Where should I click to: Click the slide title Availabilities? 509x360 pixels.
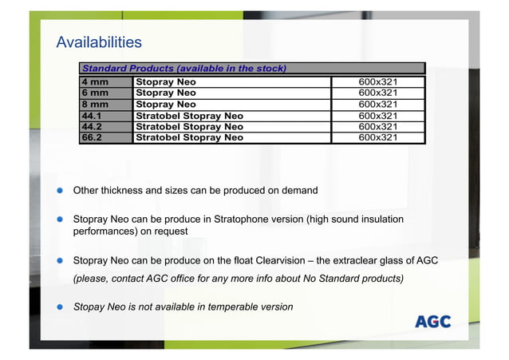click(x=98, y=42)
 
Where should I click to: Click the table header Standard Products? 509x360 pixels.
click(x=184, y=68)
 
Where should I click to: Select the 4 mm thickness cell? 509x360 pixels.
click(x=95, y=82)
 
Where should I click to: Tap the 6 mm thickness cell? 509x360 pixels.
click(x=95, y=93)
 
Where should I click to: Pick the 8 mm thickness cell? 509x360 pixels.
click(x=95, y=105)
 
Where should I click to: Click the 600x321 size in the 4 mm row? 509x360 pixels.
click(x=377, y=82)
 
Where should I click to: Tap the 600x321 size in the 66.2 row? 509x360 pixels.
click(x=377, y=137)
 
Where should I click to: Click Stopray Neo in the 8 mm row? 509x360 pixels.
click(x=166, y=105)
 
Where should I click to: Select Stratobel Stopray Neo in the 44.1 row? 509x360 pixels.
click(x=190, y=116)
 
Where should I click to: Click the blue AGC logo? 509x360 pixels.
click(x=432, y=322)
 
